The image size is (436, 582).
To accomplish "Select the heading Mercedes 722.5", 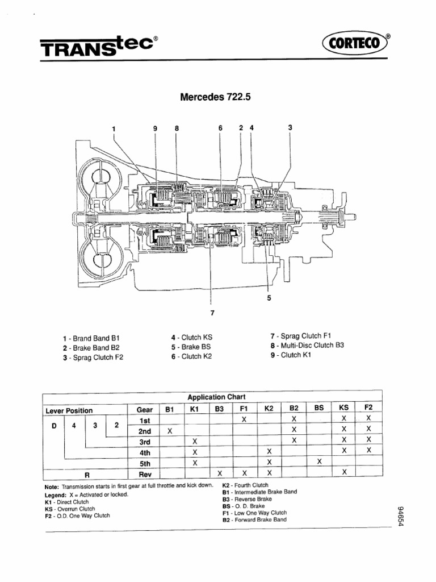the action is pos(215,97).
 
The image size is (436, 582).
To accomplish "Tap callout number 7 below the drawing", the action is pos(212,313).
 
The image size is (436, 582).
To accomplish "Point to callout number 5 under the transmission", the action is pos(269,298).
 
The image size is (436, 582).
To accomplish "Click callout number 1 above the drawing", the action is pos(114,129).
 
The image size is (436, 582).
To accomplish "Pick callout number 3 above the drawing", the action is pos(290,127).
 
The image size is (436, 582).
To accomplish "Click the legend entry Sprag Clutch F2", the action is pos(93,357).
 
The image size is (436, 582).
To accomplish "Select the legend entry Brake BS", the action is pos(191,347).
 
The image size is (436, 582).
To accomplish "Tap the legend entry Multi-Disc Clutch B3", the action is pos(307,345).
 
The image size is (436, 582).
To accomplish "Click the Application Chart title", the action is pos(216,397).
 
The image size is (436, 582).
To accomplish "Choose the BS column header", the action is pos(319,408).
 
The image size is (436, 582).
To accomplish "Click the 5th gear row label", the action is pos(145,464).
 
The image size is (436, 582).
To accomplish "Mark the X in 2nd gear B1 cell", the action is pos(170,431).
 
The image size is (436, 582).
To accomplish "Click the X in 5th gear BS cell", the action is pos(319,462).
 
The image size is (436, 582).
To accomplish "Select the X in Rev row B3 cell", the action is pos(220,473).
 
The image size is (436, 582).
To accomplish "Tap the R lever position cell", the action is pos(87,475).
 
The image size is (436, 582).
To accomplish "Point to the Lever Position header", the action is pos(69,410).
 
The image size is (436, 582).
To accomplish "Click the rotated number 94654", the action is pos(400,516).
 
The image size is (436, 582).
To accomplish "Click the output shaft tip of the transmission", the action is pos(354,217).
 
